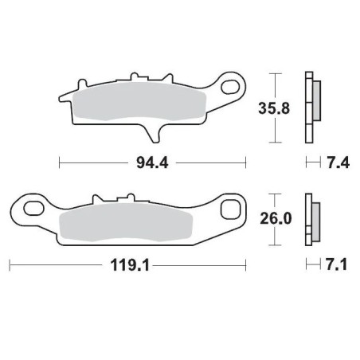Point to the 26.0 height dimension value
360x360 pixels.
click(x=275, y=215)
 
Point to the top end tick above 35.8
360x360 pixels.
click(x=275, y=74)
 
